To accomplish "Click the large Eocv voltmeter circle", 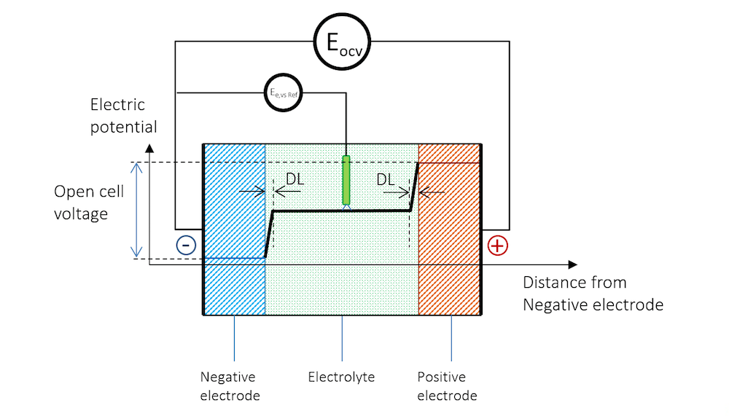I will tap(342, 42).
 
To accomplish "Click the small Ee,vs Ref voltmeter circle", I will tap(284, 93).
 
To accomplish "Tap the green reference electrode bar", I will tap(346, 180).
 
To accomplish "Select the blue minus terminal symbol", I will tap(186, 245).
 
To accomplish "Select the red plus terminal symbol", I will tap(497, 246).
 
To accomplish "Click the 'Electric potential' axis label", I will tap(123, 116).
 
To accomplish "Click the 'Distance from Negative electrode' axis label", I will tap(593, 294).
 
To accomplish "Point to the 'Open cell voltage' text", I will tap(89, 203).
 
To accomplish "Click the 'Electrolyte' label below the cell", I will tap(341, 377).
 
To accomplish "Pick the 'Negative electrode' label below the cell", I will tap(228, 386).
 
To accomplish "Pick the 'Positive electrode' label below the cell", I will tap(447, 386).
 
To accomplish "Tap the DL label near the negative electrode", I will tap(295, 179).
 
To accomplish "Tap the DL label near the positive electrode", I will tap(386, 179).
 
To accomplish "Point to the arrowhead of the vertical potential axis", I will tap(149, 148).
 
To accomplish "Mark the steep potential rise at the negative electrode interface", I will tap(268, 234).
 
